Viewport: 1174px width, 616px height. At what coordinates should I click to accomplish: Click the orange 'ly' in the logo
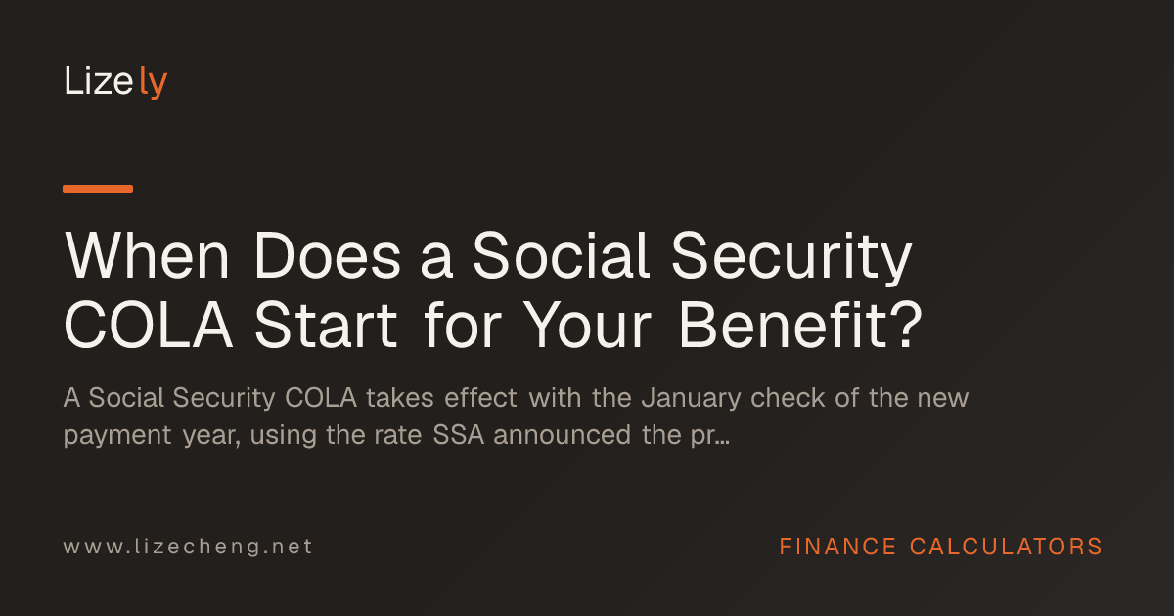coord(154,82)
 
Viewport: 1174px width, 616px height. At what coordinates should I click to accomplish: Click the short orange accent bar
coord(98,189)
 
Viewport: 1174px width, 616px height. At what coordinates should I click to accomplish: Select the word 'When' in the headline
coord(147,255)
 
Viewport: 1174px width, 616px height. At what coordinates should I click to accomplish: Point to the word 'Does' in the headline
coord(328,255)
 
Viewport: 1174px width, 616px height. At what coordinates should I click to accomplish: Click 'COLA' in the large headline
coord(149,325)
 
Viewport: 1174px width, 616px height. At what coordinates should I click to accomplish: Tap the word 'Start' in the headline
coord(326,325)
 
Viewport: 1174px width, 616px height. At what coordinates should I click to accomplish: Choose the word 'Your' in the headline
coord(587,325)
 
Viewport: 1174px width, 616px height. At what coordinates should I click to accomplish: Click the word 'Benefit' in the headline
coord(783,325)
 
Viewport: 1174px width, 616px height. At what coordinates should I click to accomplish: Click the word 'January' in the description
coord(692,398)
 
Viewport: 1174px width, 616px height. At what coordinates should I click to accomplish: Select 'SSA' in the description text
coord(459,435)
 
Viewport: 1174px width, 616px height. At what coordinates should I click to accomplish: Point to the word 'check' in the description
coord(788,398)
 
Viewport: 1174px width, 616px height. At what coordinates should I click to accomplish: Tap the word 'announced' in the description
coord(562,435)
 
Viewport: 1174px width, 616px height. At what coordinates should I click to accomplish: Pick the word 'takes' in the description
coord(400,398)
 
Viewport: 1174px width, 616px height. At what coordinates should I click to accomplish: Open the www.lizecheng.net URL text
coord(188,547)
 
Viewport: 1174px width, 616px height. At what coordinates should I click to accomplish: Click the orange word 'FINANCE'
coord(837,547)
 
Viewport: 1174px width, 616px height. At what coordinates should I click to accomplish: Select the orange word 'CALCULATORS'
coord(1006,547)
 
